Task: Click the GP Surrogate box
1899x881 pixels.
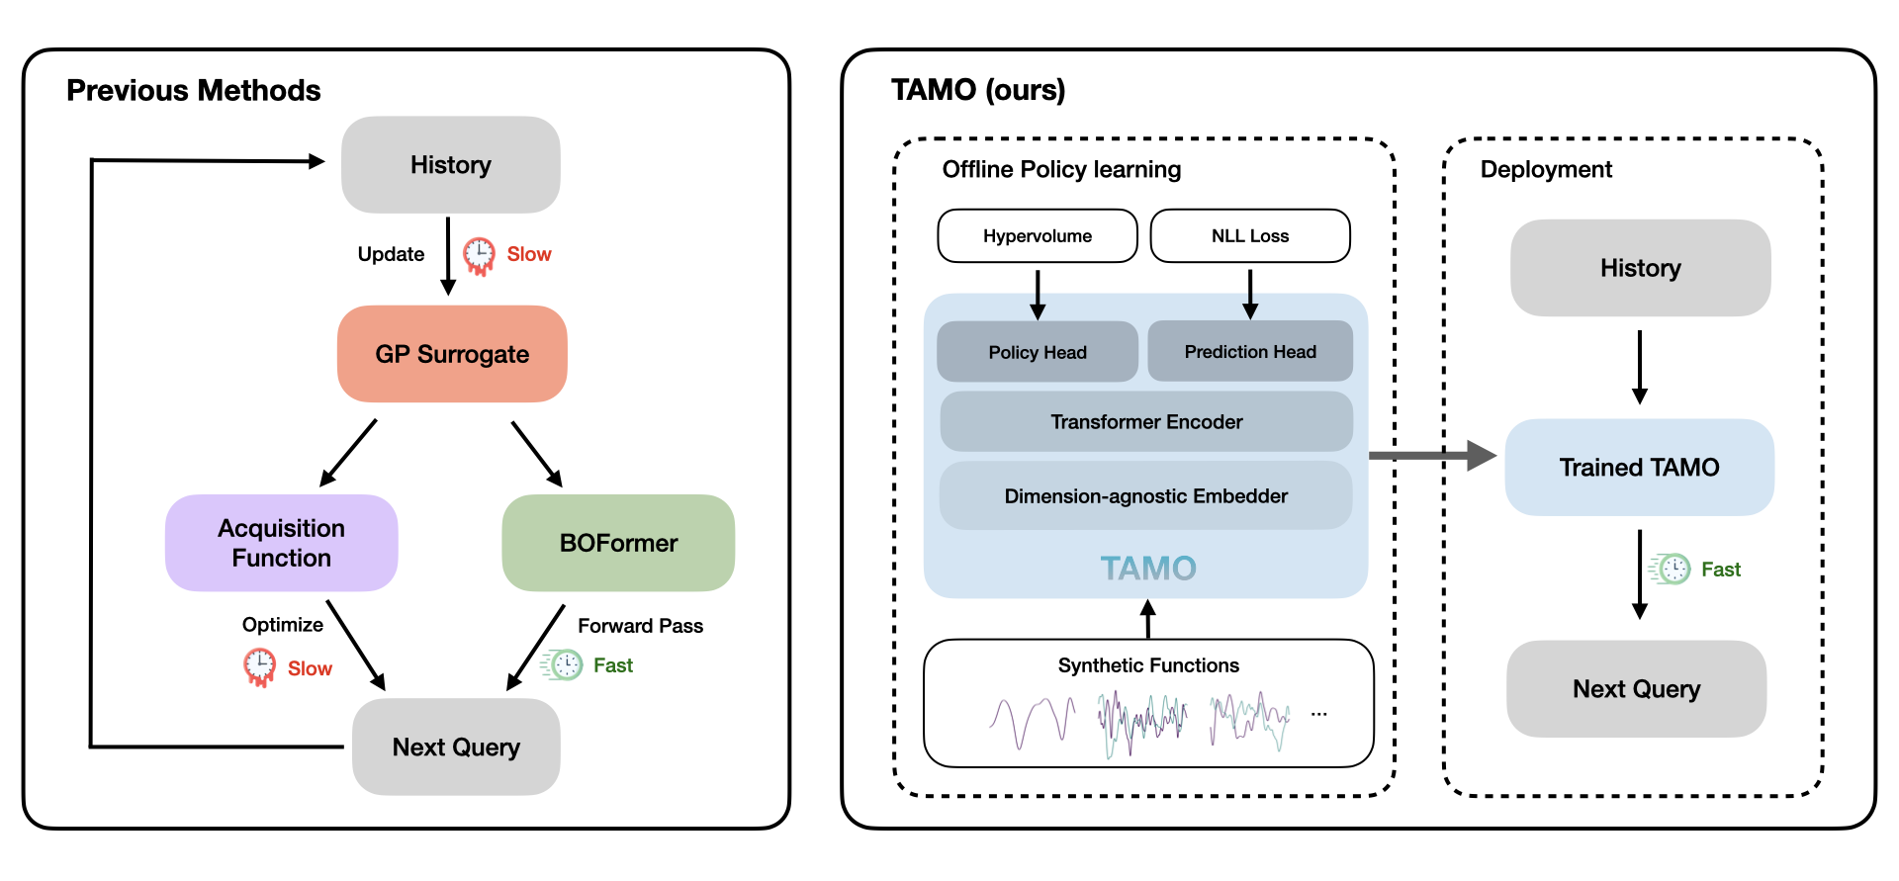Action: click(x=452, y=354)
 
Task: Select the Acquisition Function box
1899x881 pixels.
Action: click(x=281, y=543)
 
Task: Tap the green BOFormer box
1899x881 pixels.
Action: click(x=618, y=543)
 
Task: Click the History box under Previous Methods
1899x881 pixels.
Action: click(x=450, y=165)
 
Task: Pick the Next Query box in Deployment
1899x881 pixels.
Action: click(x=1636, y=689)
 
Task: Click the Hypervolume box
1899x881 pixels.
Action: click(x=1037, y=236)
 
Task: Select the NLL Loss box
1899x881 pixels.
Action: click(x=1250, y=236)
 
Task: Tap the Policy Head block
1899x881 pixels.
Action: click(x=1037, y=352)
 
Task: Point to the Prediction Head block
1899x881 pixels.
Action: click(x=1250, y=351)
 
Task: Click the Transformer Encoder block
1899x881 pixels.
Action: click(x=1145, y=422)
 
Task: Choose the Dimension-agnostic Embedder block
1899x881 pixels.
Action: click(x=1145, y=496)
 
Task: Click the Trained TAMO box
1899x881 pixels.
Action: click(x=1639, y=468)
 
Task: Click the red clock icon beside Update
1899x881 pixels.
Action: click(x=480, y=255)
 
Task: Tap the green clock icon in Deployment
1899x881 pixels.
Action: click(x=1672, y=569)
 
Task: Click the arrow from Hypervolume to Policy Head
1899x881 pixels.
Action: click(x=1038, y=294)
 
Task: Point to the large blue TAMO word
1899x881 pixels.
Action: click(x=1148, y=569)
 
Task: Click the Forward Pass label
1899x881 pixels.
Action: click(x=640, y=626)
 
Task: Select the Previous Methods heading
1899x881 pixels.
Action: click(x=194, y=91)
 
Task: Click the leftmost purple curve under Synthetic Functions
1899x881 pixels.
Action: click(x=1032, y=723)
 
